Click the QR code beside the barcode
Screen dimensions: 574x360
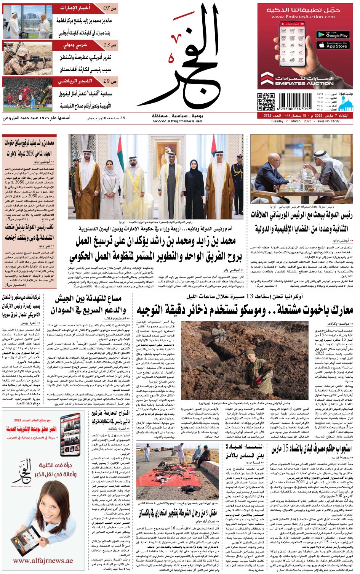(266, 102)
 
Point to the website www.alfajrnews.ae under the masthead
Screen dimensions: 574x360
(178, 121)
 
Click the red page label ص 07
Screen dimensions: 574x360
(110, 8)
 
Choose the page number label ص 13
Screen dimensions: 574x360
(110, 45)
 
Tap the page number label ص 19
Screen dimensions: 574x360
(110, 81)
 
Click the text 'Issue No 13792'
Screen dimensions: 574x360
(328, 122)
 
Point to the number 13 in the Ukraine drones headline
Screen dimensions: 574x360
(250, 296)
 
